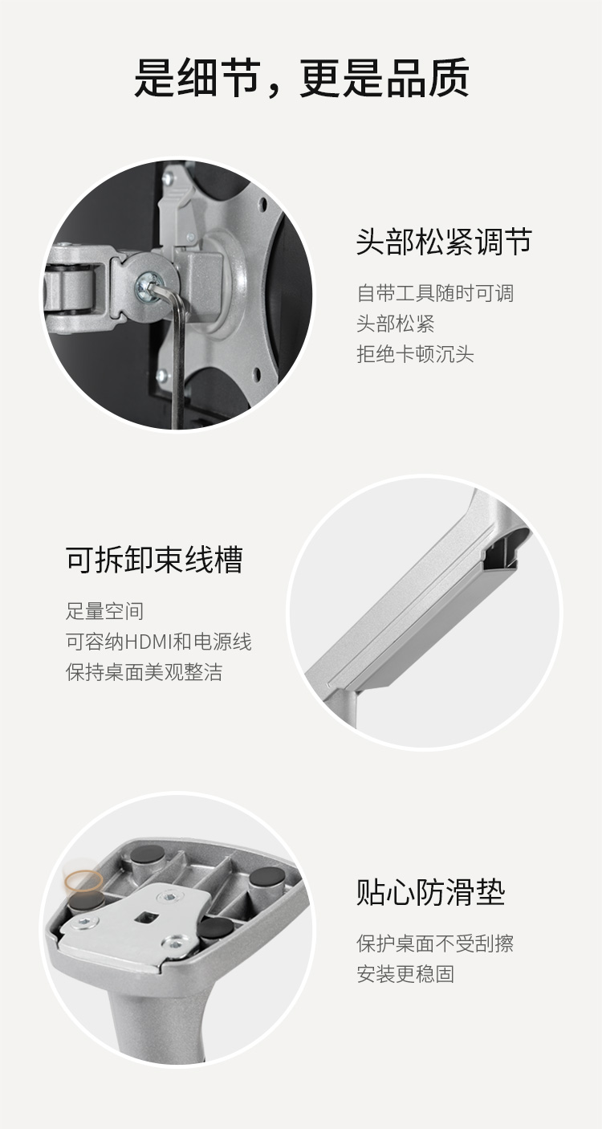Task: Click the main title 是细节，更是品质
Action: coord(301,78)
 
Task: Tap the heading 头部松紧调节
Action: coord(444,242)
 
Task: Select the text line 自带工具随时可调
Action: coord(435,293)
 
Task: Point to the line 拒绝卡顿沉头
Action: coord(415,354)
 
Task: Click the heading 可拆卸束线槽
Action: coord(154,560)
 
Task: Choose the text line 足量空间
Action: coord(105,611)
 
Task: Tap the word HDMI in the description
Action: coord(148,642)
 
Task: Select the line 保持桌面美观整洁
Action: coord(144,672)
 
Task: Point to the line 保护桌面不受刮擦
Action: coord(435,944)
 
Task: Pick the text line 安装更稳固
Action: coord(405,974)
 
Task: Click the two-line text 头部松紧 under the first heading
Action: coord(396,324)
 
